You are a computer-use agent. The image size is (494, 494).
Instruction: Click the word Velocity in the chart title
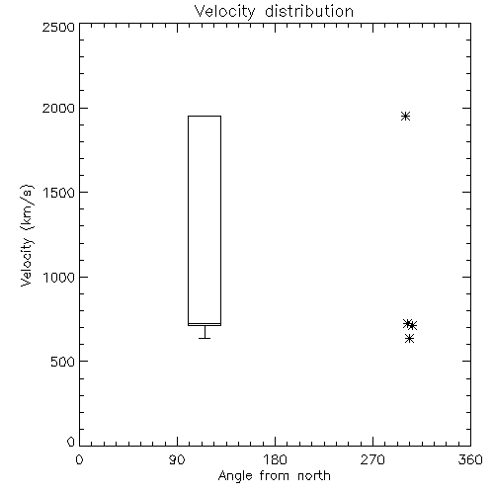pos(225,12)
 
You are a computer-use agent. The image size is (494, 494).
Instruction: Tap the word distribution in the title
pos(309,11)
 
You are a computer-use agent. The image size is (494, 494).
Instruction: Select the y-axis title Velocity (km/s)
pos(27,235)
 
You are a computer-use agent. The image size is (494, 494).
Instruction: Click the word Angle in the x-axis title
pos(235,476)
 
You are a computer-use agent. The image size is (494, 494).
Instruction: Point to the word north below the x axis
pos(314,475)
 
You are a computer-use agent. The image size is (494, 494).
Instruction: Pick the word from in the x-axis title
pos(275,475)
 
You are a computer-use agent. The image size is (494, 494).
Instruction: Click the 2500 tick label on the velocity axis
pos(58,27)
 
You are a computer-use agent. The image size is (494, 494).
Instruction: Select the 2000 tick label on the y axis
pos(58,108)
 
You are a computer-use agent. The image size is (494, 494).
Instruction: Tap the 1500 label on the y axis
pos(58,193)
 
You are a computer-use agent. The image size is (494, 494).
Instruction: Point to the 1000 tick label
pos(58,277)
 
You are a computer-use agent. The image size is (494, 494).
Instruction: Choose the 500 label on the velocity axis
pos(62,362)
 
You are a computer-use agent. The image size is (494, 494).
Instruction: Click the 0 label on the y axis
pos(71,442)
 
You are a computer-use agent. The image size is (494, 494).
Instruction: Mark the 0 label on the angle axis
pos(79,459)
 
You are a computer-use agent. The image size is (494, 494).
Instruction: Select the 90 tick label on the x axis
pos(177,459)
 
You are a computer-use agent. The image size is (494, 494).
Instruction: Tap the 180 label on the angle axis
pos(275,459)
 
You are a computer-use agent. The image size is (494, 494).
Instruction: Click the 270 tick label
pos(372,459)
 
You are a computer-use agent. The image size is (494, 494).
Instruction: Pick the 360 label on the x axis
pos(470,459)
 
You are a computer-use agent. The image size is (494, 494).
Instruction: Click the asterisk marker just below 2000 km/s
pos(405,116)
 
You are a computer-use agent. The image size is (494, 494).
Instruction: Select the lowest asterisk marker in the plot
pos(409,338)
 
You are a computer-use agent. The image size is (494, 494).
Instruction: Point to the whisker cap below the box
pos(205,338)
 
